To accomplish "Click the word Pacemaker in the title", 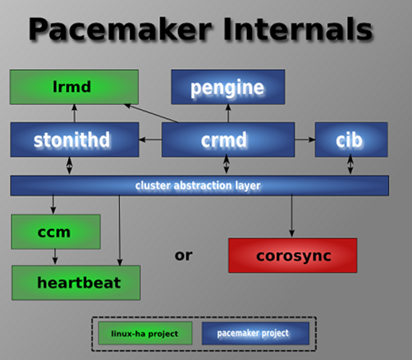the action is tap(120, 30).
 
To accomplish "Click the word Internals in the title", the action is tap(298, 29).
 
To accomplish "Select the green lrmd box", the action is tap(74, 87).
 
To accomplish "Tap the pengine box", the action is tap(228, 87).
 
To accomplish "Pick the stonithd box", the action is tap(75, 139).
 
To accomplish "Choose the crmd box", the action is tap(228, 139).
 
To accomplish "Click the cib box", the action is tap(351, 139).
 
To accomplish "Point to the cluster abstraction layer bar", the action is tap(199, 185).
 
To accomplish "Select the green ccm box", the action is tap(56, 232).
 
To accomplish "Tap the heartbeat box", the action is tap(76, 283).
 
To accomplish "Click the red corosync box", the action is tap(293, 255).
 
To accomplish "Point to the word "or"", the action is tap(183, 255).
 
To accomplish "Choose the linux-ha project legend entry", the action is tap(145, 333).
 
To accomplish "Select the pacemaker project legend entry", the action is tap(255, 333).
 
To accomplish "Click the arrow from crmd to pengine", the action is tap(228, 113).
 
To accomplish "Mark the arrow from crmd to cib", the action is tap(304, 139).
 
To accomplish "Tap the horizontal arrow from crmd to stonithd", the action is tap(150, 139).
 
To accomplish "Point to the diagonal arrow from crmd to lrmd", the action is tap(151, 113).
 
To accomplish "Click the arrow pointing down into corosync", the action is tap(291, 216).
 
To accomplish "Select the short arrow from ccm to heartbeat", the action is tap(55, 257).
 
